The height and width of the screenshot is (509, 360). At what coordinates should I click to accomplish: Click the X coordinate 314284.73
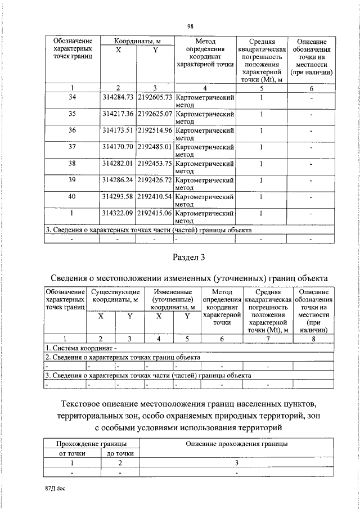(x=118, y=98)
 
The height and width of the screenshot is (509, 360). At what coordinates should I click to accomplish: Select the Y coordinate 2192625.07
(x=155, y=114)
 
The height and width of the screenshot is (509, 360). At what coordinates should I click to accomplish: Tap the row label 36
(x=72, y=130)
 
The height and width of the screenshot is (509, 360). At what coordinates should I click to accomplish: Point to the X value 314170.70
(x=118, y=147)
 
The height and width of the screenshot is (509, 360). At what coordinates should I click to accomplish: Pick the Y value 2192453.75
(x=155, y=163)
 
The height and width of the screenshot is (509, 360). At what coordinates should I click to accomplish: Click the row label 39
(x=72, y=180)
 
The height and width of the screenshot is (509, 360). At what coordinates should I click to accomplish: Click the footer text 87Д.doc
(x=56, y=489)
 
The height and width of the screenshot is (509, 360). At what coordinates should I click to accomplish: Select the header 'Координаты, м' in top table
(x=137, y=42)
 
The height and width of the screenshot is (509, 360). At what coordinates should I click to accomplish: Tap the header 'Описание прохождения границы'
(x=237, y=443)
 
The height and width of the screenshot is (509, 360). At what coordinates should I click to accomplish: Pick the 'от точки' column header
(x=72, y=453)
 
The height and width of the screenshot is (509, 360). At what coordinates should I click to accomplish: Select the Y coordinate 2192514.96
(x=155, y=130)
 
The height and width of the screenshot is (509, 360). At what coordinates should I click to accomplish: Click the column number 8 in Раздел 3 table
(x=313, y=338)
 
